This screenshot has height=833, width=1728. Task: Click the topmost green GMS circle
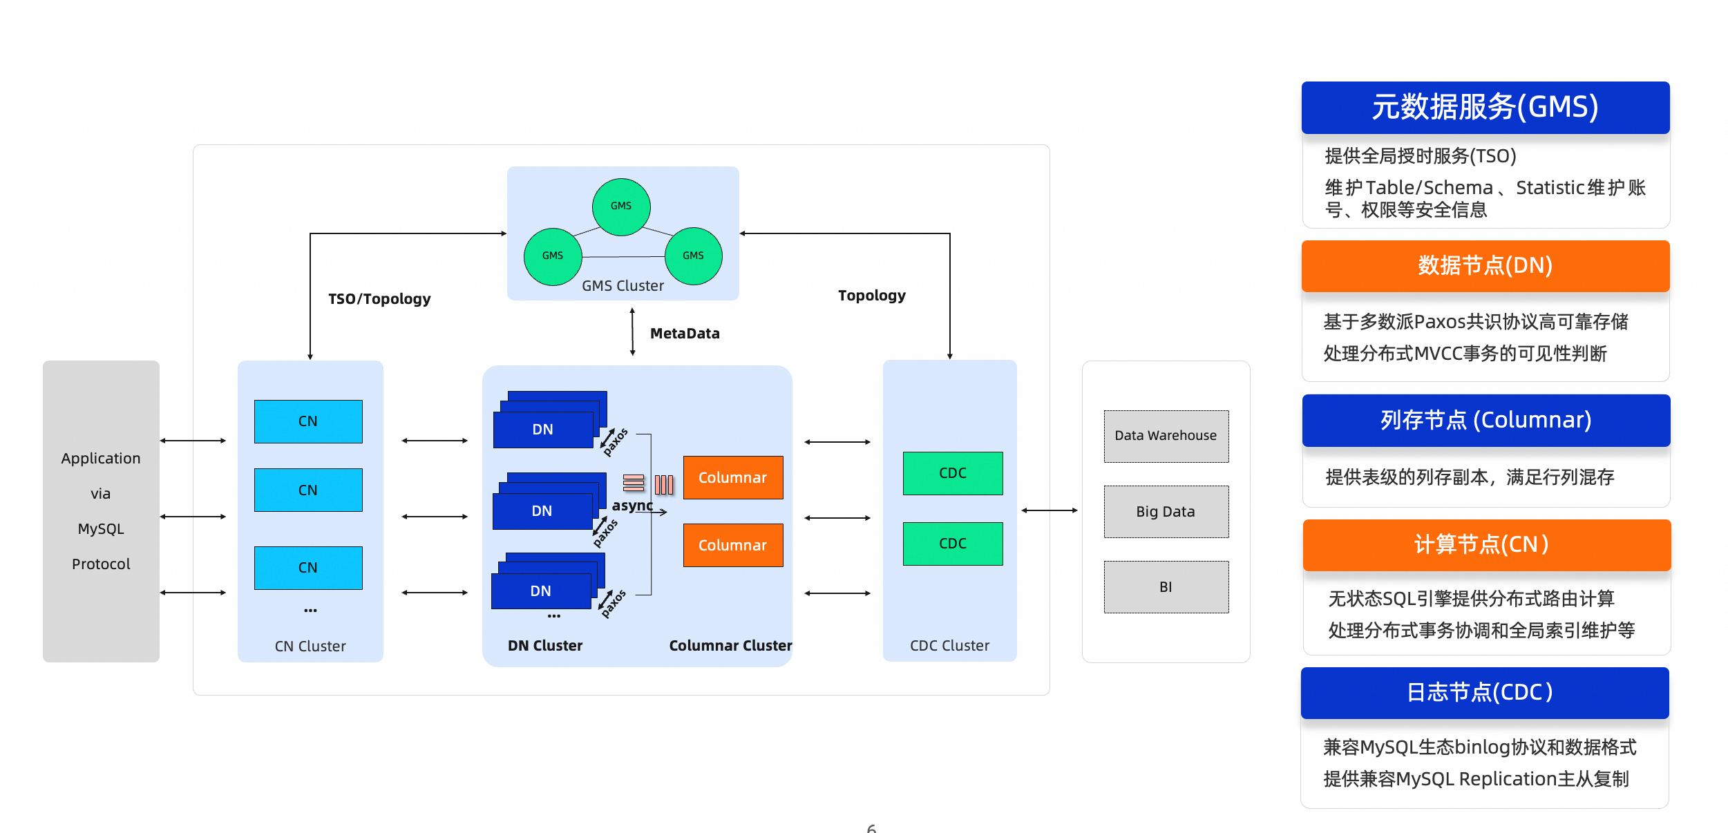(x=621, y=207)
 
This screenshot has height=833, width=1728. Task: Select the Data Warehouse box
(x=1166, y=436)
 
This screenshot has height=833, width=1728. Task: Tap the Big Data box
(x=1166, y=512)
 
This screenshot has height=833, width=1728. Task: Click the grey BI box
(x=1166, y=587)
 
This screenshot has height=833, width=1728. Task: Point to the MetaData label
(x=685, y=334)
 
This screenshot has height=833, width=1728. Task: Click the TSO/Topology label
(x=379, y=299)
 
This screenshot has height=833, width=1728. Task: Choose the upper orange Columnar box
(x=733, y=477)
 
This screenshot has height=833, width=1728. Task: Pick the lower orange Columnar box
(x=733, y=545)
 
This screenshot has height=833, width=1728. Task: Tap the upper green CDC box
(x=952, y=473)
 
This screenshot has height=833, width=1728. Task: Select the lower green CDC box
(x=952, y=544)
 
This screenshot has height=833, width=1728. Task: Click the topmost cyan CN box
(x=308, y=421)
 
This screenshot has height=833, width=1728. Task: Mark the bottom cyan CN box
(x=308, y=568)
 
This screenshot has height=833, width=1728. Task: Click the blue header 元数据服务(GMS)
(x=1485, y=108)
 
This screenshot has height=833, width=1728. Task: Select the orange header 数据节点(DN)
(x=1485, y=266)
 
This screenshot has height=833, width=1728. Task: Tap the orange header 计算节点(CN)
(x=1486, y=545)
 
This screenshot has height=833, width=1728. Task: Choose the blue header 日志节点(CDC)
(x=1484, y=693)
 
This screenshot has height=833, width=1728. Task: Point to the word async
(x=632, y=506)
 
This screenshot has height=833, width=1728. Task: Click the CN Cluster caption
(x=310, y=647)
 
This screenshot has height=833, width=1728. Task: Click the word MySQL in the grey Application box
(x=101, y=529)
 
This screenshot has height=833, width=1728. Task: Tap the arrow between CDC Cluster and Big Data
(x=1050, y=510)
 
